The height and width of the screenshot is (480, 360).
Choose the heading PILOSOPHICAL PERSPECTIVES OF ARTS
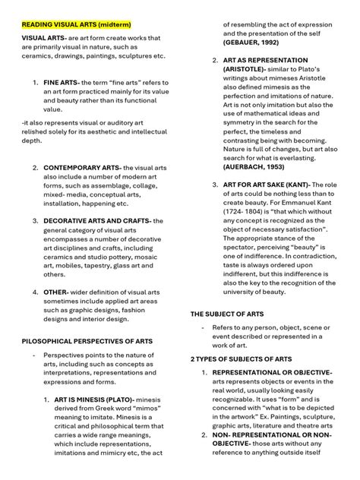click(x=87, y=341)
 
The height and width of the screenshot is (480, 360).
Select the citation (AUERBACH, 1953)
click(x=254, y=166)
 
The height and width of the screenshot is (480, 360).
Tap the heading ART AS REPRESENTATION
click(x=265, y=59)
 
